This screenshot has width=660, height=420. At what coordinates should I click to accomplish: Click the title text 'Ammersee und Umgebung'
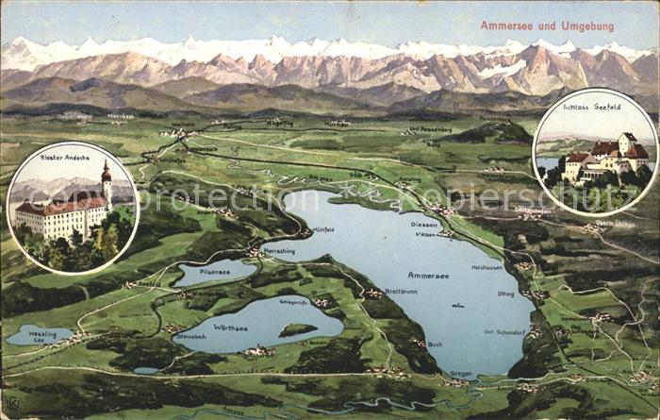(x=547, y=25)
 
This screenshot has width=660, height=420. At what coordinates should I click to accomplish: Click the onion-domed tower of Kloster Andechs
(x=107, y=178)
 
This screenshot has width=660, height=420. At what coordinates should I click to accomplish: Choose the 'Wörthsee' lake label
(x=230, y=328)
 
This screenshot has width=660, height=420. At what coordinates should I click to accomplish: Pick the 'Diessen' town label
(x=424, y=225)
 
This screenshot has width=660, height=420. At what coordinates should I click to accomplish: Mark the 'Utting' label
(x=505, y=294)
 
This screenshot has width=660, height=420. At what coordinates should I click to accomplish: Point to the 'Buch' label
(x=435, y=345)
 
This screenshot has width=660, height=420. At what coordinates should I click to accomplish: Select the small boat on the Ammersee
(x=457, y=305)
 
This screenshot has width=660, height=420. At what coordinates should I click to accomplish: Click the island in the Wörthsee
(x=297, y=330)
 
